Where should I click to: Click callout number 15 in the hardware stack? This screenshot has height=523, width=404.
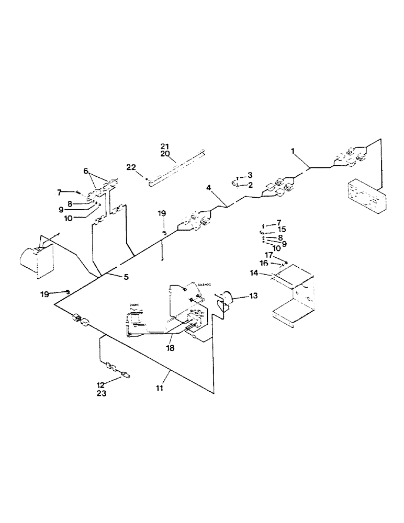pos(282,229)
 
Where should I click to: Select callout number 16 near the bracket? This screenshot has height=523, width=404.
pos(264,264)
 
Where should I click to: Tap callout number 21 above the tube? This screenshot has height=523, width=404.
pos(165,146)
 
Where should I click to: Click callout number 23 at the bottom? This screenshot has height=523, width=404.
pos(102,393)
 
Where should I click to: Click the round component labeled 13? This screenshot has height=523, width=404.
pos(228,300)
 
